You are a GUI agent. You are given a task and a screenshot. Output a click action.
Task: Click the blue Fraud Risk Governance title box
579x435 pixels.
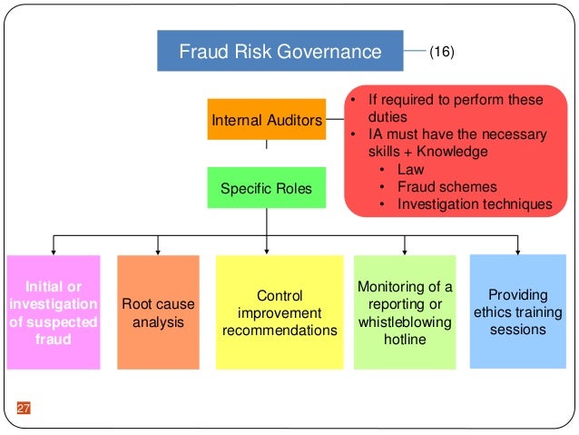click(280, 51)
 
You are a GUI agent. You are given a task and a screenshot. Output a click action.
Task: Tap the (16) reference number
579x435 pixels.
click(442, 52)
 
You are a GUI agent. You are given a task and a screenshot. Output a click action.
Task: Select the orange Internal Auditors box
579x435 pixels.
click(266, 119)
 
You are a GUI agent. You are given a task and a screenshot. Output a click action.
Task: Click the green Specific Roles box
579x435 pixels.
click(266, 189)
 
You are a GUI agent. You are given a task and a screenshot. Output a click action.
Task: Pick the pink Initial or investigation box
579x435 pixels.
click(52, 312)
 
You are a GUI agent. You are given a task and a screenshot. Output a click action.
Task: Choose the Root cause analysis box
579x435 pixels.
click(158, 312)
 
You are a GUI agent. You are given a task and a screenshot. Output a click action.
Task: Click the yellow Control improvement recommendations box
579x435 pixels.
click(280, 312)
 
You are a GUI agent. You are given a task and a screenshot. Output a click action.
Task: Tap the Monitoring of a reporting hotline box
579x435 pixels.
click(405, 312)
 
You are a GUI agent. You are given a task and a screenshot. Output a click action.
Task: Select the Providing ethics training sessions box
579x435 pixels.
click(517, 311)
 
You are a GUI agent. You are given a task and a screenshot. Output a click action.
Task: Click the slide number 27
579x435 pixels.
click(24, 408)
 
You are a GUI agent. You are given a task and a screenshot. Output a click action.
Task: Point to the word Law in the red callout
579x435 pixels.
click(410, 169)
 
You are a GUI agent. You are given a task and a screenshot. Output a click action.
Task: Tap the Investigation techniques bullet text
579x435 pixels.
click(474, 203)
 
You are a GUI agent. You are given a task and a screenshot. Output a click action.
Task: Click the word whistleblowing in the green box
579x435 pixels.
click(405, 321)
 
